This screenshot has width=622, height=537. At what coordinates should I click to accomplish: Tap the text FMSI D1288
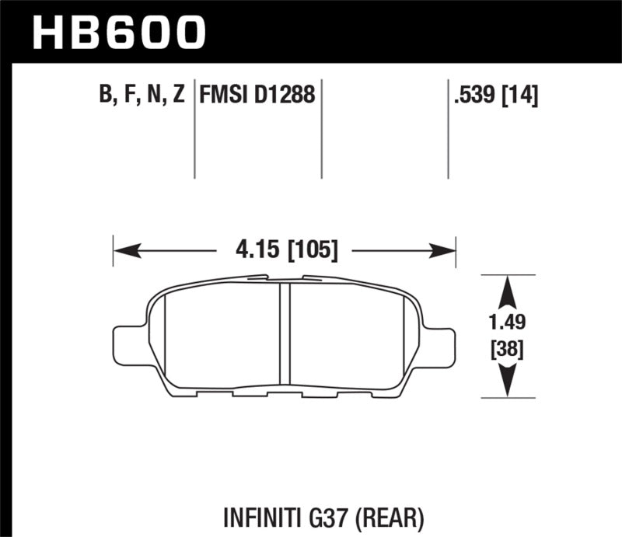[x=257, y=96]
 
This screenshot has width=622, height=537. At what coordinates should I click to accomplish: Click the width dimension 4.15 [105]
[x=285, y=251]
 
